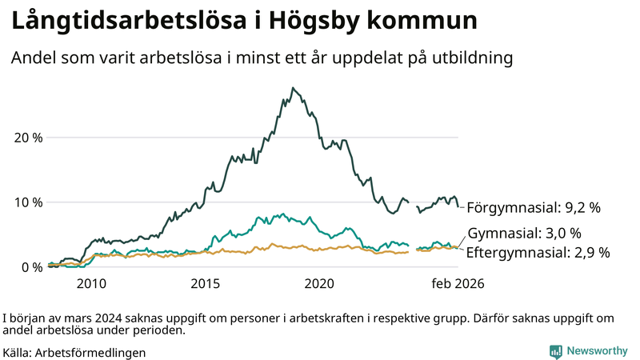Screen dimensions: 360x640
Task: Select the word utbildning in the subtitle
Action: [x=471, y=58]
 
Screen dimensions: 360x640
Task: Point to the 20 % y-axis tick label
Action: [x=28, y=137]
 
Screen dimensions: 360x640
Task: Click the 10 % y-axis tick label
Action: [x=28, y=202]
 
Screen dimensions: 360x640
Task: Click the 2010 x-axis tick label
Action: [x=91, y=283]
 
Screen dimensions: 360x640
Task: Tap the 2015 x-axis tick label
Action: [x=206, y=283]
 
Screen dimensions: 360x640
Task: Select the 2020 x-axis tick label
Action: [x=320, y=283]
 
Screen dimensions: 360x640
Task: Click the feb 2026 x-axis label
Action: [x=458, y=283]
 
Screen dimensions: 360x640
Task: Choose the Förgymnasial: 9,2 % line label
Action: [x=534, y=207]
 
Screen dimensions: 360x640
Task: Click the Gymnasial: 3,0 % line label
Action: [x=524, y=234]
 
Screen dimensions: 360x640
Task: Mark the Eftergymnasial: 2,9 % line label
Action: [x=538, y=252]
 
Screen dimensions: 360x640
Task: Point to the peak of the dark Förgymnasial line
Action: [x=294, y=88]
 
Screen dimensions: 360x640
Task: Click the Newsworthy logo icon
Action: [x=555, y=351]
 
